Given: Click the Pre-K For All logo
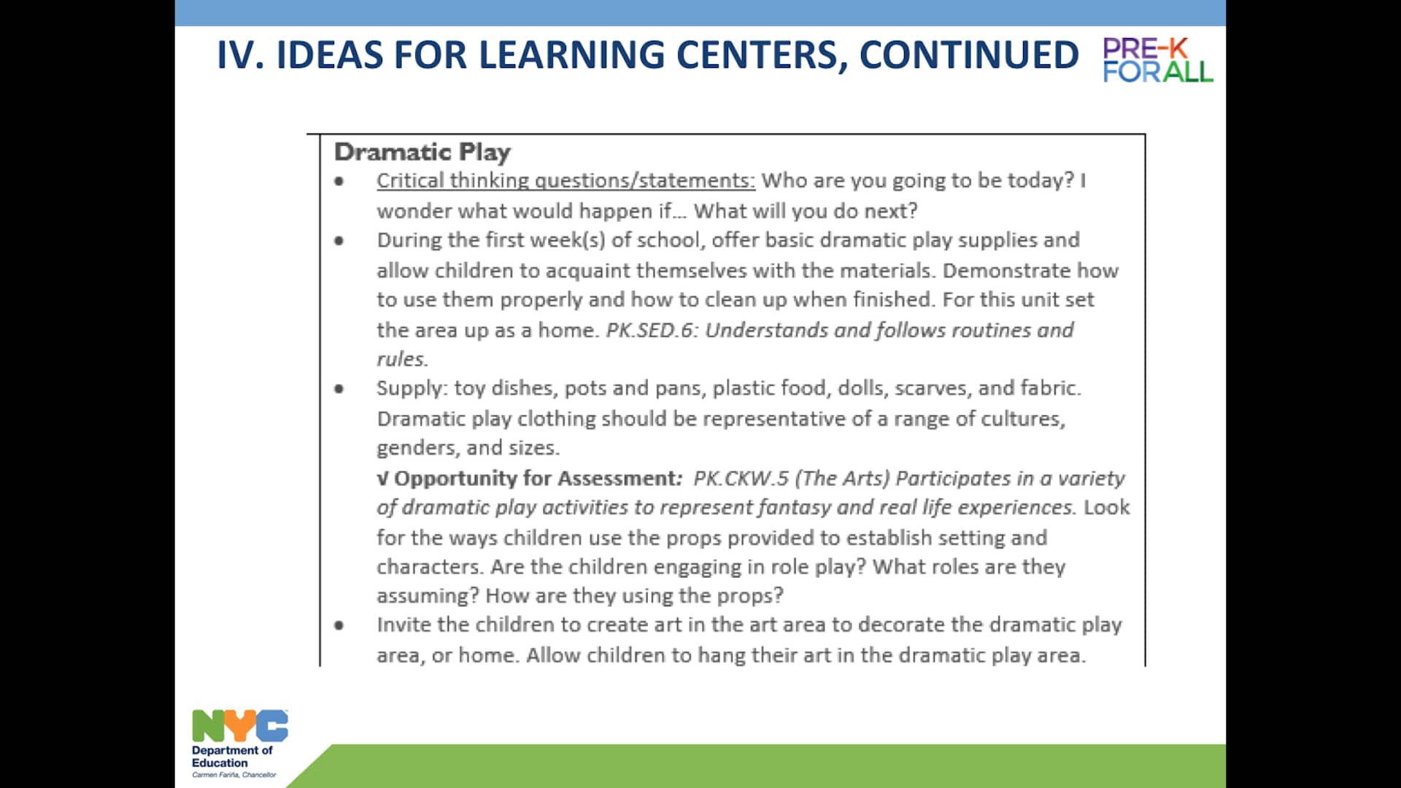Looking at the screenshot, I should pos(1157,60).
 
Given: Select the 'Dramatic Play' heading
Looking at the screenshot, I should pos(422,152).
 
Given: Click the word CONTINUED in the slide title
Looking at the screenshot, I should pos(968,55).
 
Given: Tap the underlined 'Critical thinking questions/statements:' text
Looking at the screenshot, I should pos(566,180).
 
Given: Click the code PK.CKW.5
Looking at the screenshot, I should pos(741,478).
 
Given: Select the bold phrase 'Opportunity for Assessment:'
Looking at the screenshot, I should pos(538,478).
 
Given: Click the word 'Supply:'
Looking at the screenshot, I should pos(412,388).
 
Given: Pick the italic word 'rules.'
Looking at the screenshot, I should pos(402,359).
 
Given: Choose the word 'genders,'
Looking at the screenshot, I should pos(417,447).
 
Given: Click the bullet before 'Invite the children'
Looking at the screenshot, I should pos(339,625).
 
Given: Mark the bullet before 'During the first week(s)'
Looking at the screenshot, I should pos(339,240).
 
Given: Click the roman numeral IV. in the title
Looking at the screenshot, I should pos(240,55).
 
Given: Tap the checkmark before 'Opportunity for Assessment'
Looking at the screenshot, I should pos(382,479).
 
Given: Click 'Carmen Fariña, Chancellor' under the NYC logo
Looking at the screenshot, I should pos(234,775).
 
